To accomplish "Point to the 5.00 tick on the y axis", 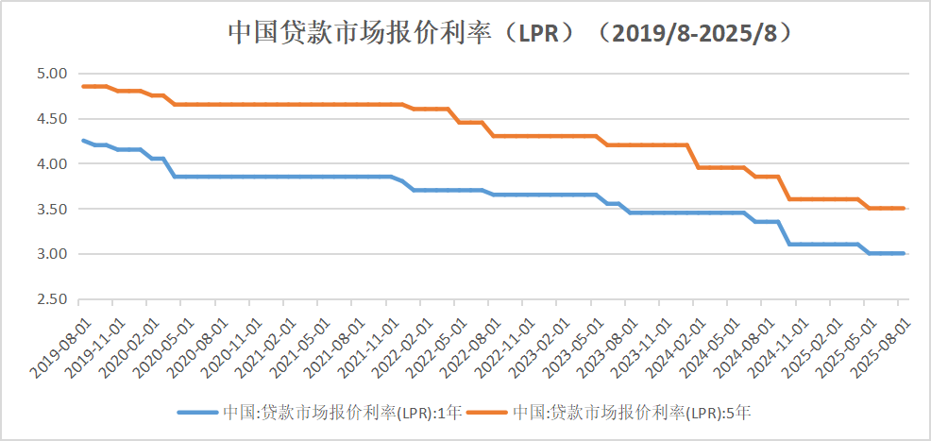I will click(x=52, y=74).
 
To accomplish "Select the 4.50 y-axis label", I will click(x=52, y=119).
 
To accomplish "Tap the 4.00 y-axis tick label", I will click(x=52, y=164).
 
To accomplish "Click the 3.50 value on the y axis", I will click(x=52, y=210).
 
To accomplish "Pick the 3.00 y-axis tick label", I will click(x=52, y=255).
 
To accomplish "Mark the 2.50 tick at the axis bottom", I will click(x=52, y=300).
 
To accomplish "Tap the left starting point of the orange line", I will click(x=84, y=86).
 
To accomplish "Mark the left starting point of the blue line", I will click(x=84, y=141).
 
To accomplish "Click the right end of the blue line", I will click(x=904, y=253).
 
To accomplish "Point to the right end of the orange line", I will click(x=904, y=208).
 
